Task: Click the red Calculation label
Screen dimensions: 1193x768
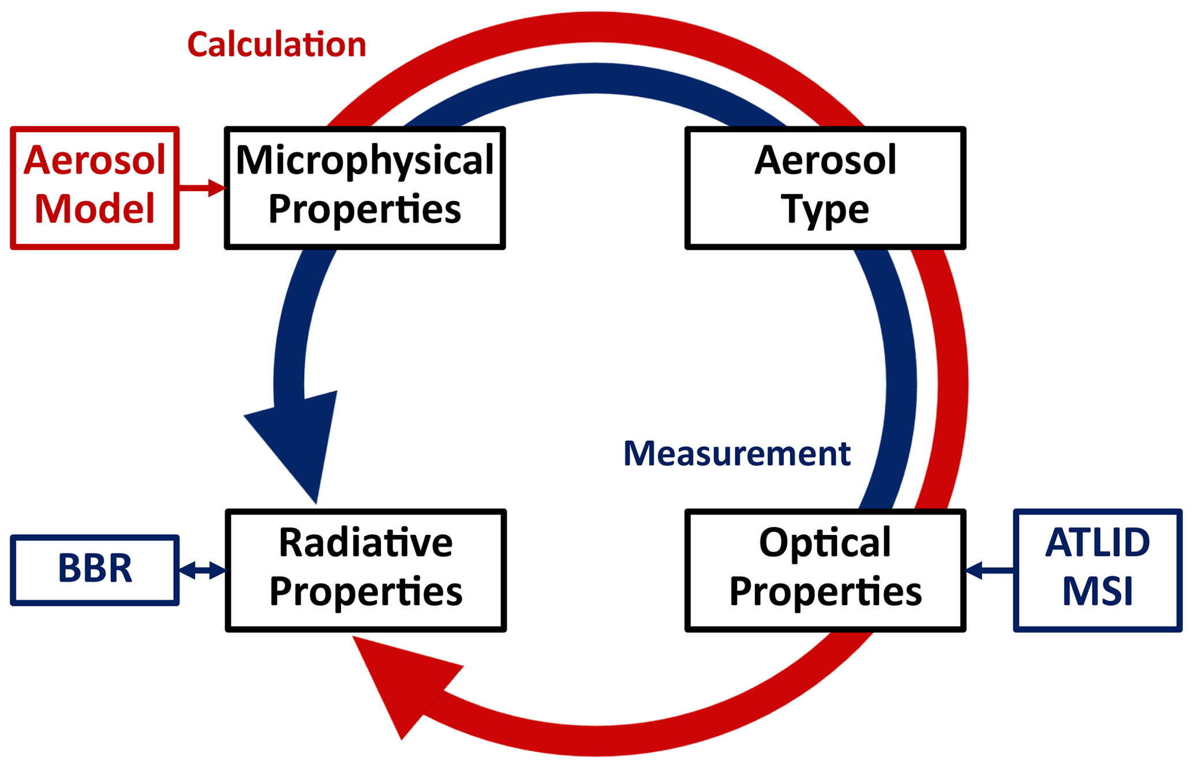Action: pos(276,45)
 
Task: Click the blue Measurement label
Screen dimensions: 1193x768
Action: pos(737,454)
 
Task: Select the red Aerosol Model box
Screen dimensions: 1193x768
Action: pos(95,188)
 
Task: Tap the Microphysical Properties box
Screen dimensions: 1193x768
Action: pos(365,188)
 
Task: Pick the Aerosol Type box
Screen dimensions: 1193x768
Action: pos(825,188)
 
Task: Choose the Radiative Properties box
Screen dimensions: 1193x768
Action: pos(366,571)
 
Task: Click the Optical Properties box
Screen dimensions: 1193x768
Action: pos(825,571)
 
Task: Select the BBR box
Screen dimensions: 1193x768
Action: pos(95,570)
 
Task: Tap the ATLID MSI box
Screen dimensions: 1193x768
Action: pos(1098,571)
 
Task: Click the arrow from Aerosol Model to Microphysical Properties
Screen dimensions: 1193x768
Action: pos(202,188)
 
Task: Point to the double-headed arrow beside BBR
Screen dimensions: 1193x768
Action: pos(202,571)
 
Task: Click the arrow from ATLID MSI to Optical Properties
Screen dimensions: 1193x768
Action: pos(990,571)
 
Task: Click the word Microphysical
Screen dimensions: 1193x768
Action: pos(365,161)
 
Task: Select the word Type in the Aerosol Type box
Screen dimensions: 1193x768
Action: pos(825,211)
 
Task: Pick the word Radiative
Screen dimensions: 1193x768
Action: pos(366,543)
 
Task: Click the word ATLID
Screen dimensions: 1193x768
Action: pos(1098,543)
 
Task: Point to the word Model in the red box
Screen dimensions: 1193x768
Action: pos(95,209)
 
